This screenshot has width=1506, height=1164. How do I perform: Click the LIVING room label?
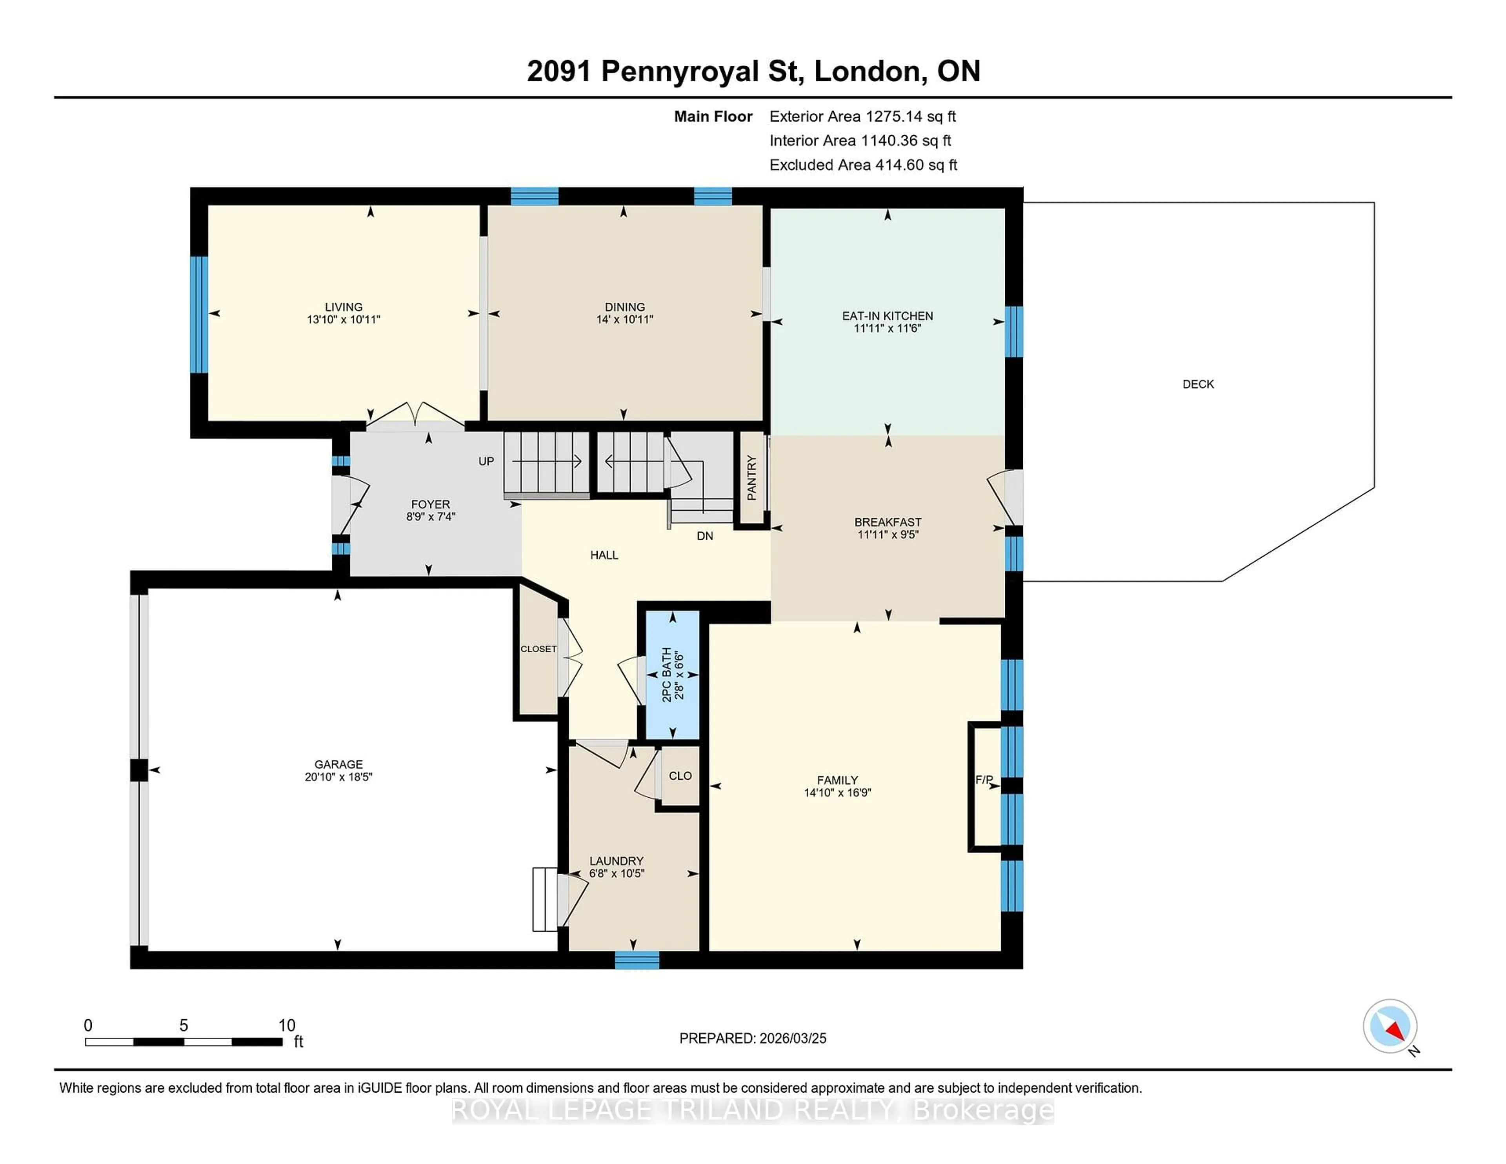point(344,307)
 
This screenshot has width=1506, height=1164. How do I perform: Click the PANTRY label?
point(751,478)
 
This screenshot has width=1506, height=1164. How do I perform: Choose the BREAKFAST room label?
point(888,522)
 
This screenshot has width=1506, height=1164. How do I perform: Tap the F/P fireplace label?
point(984,780)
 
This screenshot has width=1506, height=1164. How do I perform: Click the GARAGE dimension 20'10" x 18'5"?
point(338,777)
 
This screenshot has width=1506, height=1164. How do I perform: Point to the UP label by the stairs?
point(486,461)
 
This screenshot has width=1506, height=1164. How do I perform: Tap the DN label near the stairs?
point(705,536)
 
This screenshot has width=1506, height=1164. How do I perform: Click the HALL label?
point(604,555)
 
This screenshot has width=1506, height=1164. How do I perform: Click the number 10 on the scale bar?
point(287,1026)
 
